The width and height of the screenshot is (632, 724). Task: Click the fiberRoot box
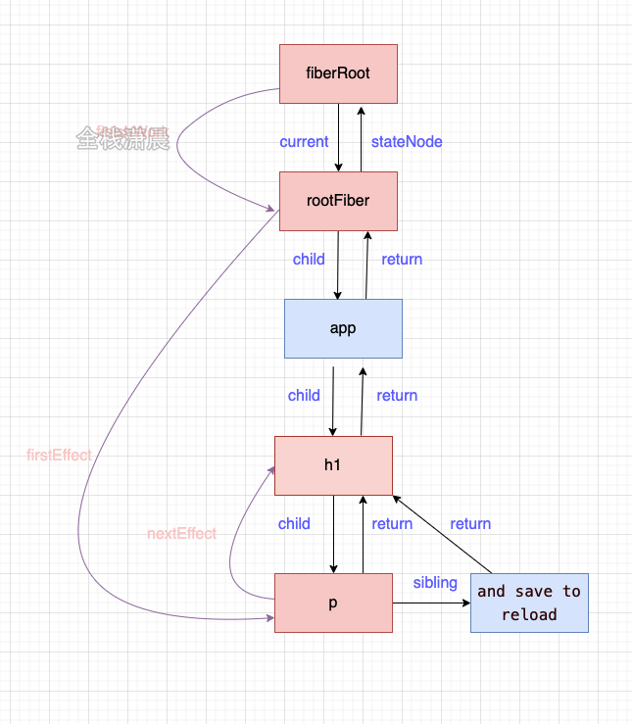338,73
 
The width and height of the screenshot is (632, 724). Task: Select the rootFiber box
338,201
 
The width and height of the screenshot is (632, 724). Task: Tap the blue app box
343,328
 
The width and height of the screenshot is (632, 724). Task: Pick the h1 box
333,464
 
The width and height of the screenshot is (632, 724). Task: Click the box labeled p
333,603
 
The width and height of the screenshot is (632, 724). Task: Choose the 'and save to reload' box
529,603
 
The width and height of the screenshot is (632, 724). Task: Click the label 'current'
304,142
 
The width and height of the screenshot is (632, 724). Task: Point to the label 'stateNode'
407,142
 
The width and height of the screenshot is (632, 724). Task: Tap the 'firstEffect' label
60,456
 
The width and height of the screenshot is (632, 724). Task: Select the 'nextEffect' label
181,534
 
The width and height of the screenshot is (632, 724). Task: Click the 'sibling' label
435,583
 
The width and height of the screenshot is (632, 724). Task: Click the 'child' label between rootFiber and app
309,260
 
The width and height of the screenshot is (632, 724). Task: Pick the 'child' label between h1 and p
294,524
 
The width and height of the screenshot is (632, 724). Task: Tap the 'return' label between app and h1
397,396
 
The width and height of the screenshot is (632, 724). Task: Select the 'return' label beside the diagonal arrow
470,524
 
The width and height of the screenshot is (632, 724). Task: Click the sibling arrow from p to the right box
431,603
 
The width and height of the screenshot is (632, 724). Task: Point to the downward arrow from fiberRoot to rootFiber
338,137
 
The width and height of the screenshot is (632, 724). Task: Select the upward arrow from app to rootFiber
366,265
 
